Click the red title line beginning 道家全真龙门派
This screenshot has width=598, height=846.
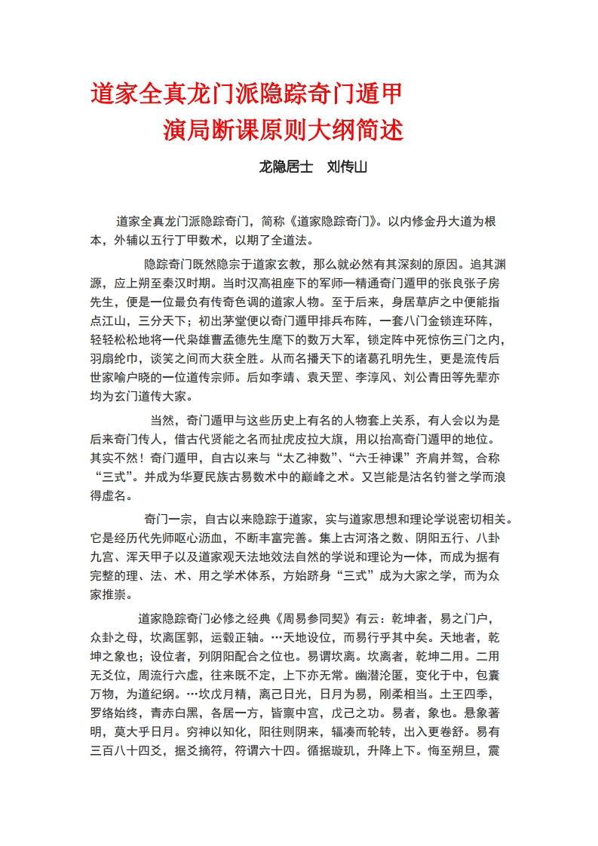pos(246,96)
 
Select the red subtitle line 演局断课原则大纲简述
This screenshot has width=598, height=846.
pos(284,130)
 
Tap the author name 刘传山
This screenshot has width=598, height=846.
pos(347,167)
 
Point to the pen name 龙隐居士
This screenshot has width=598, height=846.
pos(286,167)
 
